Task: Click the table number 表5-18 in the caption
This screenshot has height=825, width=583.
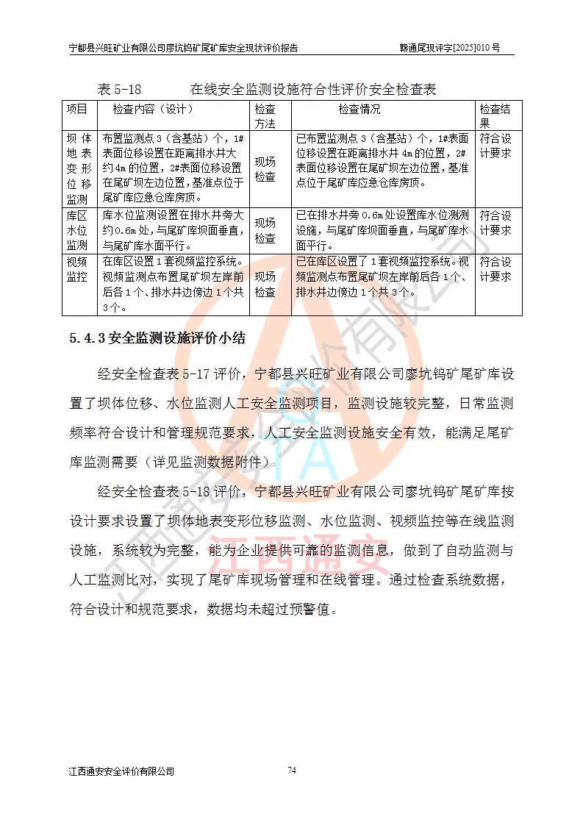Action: click(119, 90)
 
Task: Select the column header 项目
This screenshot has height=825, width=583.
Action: click(77, 109)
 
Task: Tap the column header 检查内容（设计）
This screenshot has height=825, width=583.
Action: click(153, 109)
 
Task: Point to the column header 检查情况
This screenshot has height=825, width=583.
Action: click(360, 109)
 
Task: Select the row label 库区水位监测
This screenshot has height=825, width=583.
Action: click(77, 230)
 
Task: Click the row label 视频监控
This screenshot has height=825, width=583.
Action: click(77, 269)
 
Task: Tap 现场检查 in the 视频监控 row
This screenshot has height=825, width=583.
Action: click(265, 284)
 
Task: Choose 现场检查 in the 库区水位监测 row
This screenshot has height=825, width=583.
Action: click(265, 230)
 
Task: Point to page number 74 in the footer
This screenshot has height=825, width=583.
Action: click(292, 771)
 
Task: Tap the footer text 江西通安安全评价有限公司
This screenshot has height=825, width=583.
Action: click(121, 771)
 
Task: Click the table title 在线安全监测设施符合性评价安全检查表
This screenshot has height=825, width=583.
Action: click(313, 90)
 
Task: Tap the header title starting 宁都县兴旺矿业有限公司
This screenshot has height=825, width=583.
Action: click(183, 48)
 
